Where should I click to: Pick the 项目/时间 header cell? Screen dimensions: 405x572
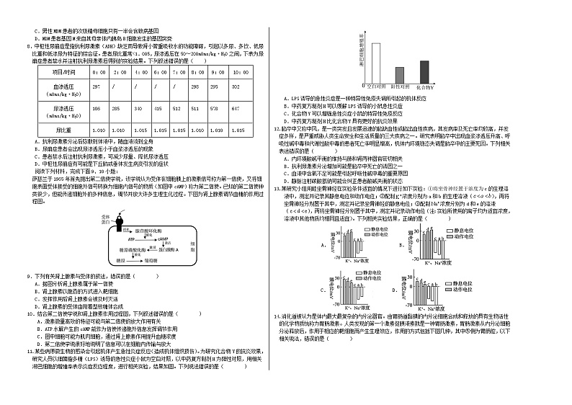click(55, 73)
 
